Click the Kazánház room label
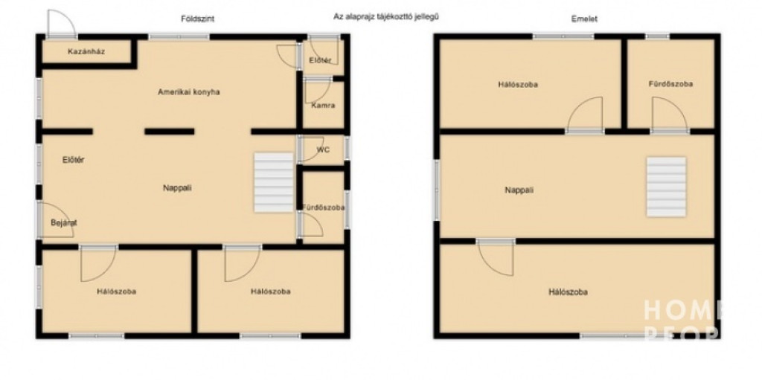click(x=86, y=51)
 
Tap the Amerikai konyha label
click(x=188, y=92)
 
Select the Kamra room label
click(x=323, y=106)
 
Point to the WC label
click(x=323, y=149)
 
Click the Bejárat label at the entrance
click(x=64, y=223)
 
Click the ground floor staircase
click(x=274, y=182)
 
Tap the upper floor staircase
click(x=666, y=187)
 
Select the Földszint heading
click(x=197, y=19)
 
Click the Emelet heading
click(x=584, y=19)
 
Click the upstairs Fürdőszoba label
click(x=670, y=84)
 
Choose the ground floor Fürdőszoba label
click(x=323, y=207)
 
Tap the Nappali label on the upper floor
click(x=519, y=190)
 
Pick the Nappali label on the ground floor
click(x=177, y=187)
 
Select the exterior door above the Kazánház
click(x=62, y=23)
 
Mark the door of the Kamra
click(x=317, y=91)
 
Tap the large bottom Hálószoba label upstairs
click(x=568, y=292)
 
